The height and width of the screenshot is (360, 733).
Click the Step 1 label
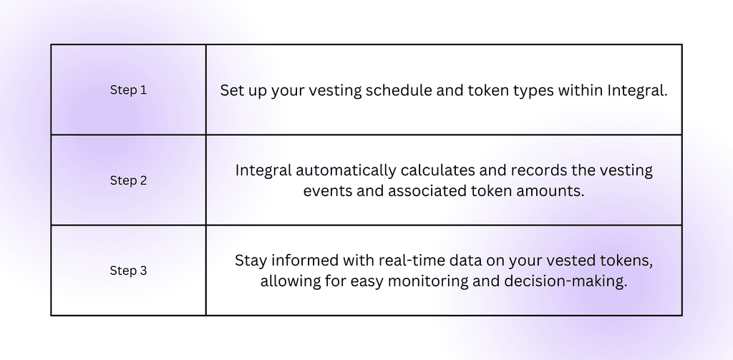(128, 90)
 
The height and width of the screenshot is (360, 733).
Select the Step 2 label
(128, 180)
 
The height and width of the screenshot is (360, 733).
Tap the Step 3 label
(128, 271)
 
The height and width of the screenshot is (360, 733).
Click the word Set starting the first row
(232, 91)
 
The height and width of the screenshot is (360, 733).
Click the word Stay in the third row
(250, 261)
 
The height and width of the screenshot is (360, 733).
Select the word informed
(302, 261)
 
